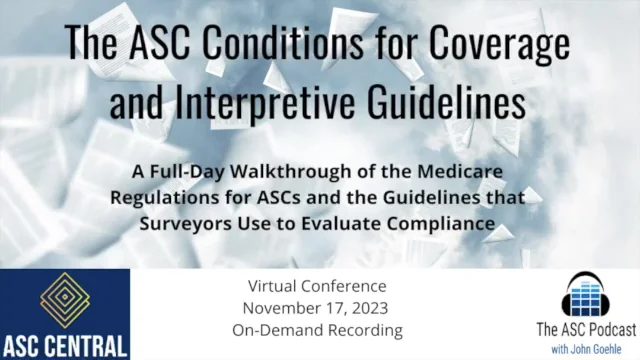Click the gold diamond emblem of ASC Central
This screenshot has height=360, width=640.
tap(64, 300)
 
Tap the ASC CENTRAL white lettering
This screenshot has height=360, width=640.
tap(64, 345)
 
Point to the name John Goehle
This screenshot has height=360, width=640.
tap(594, 347)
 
